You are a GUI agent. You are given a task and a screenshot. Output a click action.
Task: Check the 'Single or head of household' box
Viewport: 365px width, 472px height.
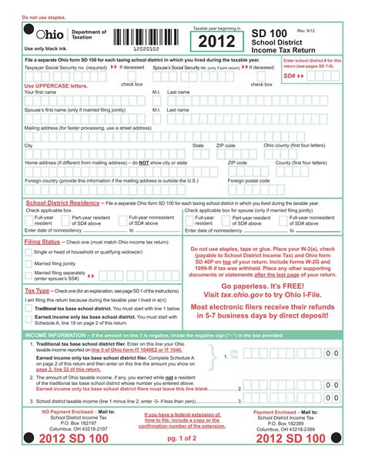pos(28,253)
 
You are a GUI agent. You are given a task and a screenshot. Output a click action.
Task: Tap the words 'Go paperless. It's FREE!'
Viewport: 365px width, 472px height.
pos(263,285)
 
